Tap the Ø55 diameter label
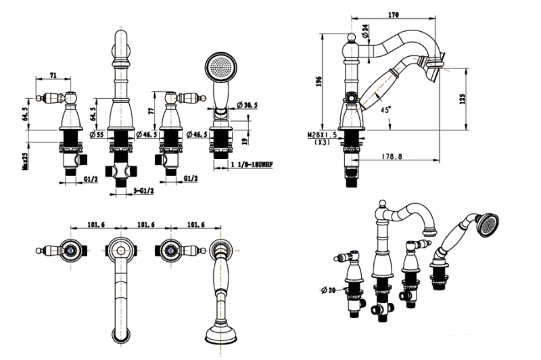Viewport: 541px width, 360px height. click(97, 135)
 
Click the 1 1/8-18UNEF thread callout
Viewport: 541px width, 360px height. click(250, 164)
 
